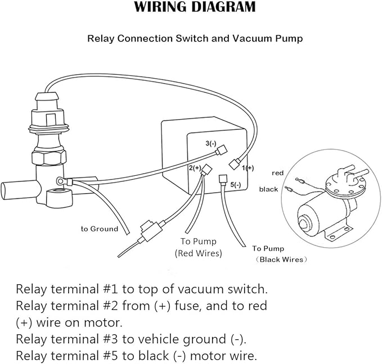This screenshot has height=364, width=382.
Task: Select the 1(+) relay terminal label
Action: click(x=248, y=167)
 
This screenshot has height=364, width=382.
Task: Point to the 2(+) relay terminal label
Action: click(x=195, y=168)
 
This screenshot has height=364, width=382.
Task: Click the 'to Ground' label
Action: click(x=99, y=229)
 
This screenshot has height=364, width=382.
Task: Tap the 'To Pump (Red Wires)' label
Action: click(x=198, y=247)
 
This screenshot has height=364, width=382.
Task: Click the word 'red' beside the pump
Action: click(x=277, y=172)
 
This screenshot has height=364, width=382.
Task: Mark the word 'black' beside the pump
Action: click(x=268, y=189)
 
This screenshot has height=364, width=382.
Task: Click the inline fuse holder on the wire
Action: click(x=150, y=230)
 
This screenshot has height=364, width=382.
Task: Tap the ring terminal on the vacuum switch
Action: click(x=59, y=181)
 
